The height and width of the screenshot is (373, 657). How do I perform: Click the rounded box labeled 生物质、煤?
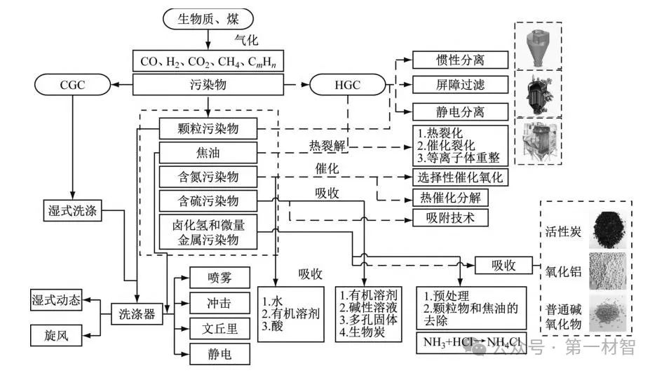click(208, 18)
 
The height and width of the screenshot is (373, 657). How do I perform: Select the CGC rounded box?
click(72, 86)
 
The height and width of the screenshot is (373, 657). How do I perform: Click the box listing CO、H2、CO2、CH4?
click(208, 61)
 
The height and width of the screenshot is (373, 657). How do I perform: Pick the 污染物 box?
click(208, 86)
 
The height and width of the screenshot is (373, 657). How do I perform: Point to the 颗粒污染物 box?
click(208, 128)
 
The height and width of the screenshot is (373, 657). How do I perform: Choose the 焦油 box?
click(208, 151)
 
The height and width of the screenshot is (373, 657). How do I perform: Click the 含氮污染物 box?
click(208, 176)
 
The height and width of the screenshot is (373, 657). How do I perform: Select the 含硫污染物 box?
click(208, 201)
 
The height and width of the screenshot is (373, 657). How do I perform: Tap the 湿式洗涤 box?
click(72, 209)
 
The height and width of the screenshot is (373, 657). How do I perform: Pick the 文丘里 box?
click(219, 327)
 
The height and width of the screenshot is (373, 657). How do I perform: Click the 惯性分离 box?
click(459, 60)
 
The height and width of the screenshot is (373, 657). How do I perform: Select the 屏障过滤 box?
click(459, 86)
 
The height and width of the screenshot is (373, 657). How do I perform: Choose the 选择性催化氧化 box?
click(459, 177)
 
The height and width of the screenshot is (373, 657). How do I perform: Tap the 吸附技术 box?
click(459, 217)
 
